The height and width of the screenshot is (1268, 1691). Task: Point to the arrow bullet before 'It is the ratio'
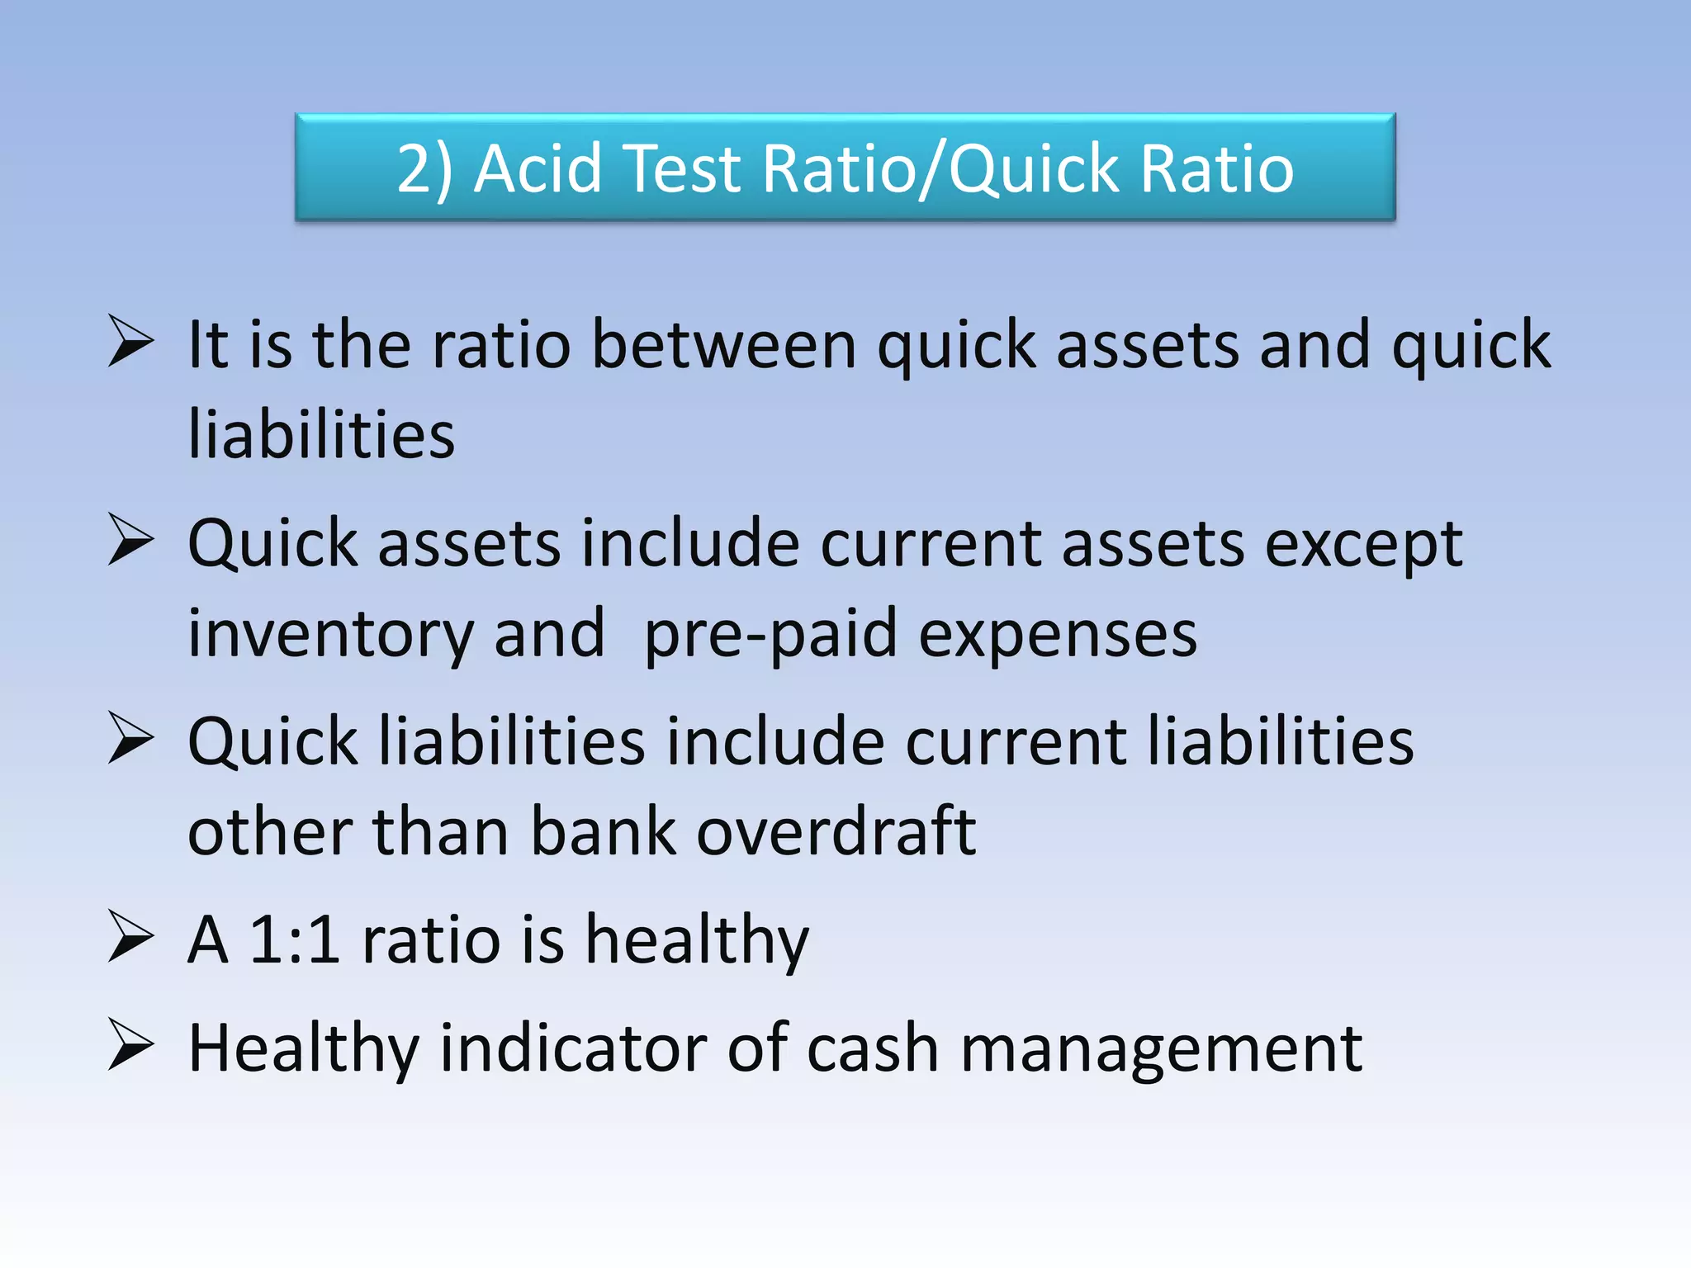tap(130, 342)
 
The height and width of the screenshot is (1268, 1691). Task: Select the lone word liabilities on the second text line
tap(321, 434)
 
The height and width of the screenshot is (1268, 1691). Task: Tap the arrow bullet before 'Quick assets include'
tap(130, 541)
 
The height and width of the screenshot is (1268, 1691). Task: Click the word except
tap(1363, 545)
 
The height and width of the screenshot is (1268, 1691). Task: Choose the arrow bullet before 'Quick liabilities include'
tap(130, 738)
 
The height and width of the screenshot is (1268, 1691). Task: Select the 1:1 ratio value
tap(295, 939)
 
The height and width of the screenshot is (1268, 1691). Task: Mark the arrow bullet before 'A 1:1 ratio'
tap(130, 938)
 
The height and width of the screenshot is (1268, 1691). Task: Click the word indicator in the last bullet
tap(573, 1048)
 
